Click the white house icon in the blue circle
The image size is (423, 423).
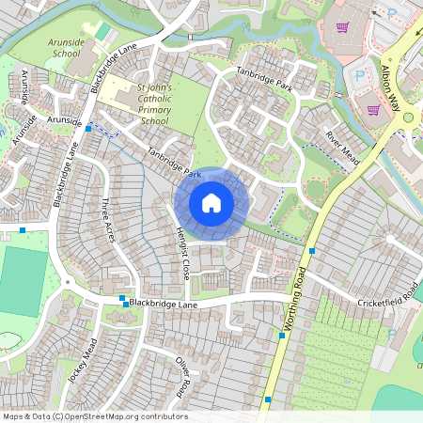[211, 202]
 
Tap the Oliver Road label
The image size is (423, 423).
[183, 375]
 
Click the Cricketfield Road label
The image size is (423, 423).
[387, 302]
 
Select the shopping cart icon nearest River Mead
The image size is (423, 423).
[374, 109]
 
